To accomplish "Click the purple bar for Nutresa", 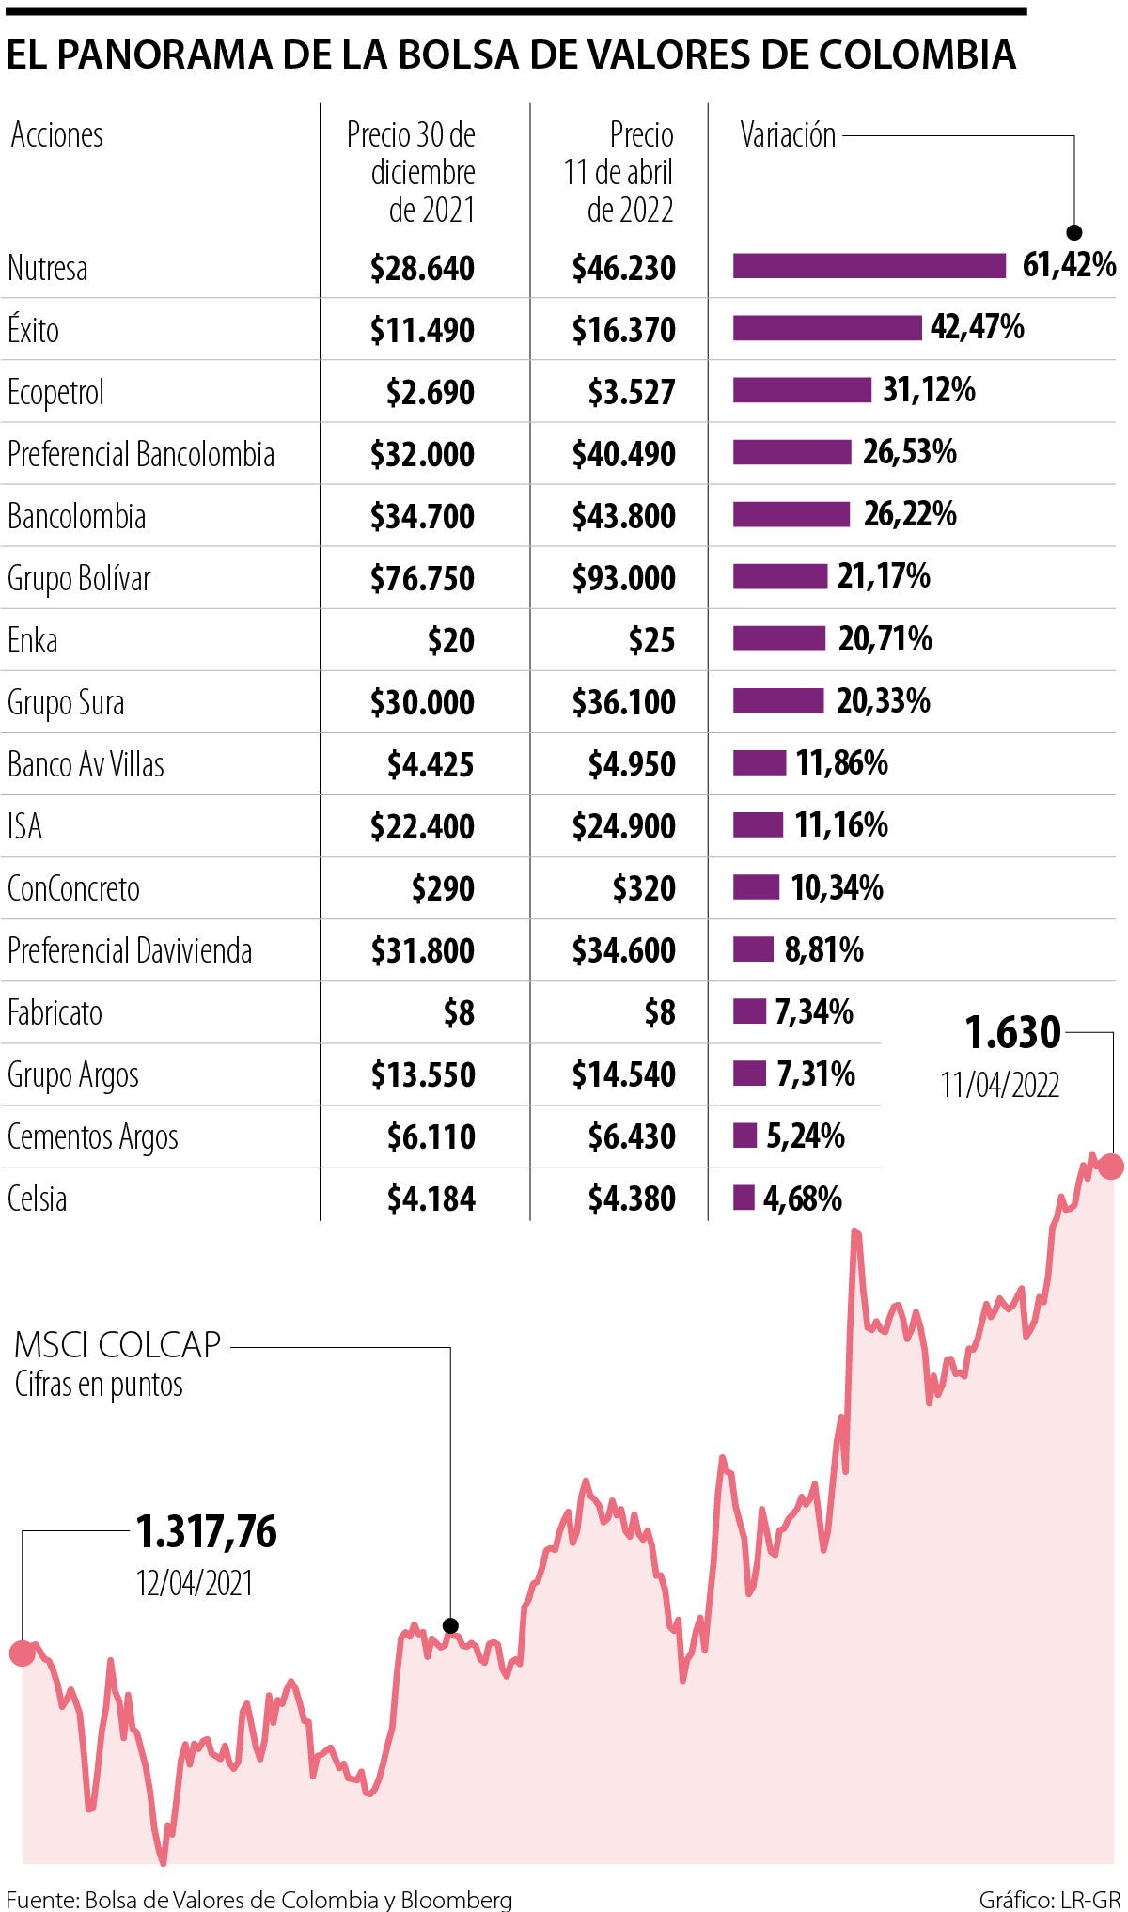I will point(869,266).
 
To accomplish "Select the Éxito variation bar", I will point(827,328).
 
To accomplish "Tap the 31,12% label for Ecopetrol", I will point(929,389).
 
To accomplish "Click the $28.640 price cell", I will point(422,269).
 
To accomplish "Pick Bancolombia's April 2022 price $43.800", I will point(623,516).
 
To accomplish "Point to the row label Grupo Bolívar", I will point(79,578).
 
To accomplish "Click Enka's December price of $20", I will point(450,641).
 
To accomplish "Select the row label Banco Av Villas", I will point(86,764).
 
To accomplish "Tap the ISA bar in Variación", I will point(758,825).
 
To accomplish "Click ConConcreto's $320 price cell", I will point(644,888).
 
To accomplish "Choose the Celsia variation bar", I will point(744,1198).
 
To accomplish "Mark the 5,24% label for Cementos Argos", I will point(806,1136).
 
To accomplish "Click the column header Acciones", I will point(56,135).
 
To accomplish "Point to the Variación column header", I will point(788,135).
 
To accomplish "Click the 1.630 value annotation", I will point(1012,1033).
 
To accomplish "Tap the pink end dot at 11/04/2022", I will point(1111,1167).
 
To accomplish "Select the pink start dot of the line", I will point(22,1653).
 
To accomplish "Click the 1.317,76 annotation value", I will point(207,1532).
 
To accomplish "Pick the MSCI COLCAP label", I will point(117,1345).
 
